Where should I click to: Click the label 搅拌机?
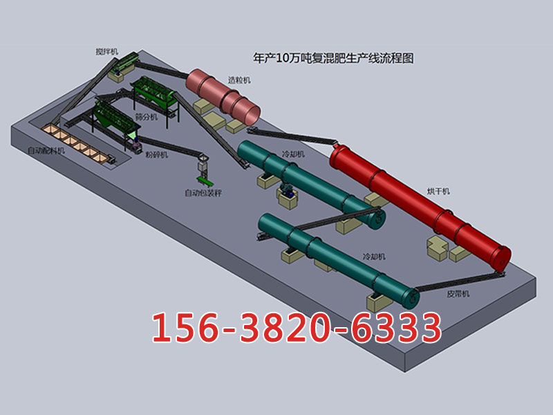[107, 51]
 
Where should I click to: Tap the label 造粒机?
[239, 80]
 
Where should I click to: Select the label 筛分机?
[147, 116]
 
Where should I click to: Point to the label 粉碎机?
[157, 154]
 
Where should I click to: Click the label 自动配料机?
[46, 151]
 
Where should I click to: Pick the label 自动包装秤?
[203, 193]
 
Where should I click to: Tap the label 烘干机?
[438, 192]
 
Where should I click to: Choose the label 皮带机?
[458, 293]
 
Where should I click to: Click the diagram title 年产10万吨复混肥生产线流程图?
[333, 58]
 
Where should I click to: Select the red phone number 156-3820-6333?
[297, 328]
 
